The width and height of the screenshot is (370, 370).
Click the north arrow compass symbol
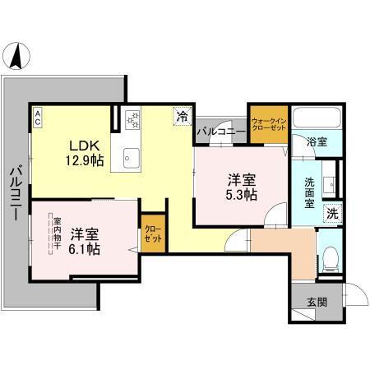[17, 58]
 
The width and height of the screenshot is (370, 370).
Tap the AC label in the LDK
[38, 118]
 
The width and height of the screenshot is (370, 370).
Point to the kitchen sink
[131, 157]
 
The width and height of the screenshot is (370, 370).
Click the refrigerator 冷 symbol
[181, 118]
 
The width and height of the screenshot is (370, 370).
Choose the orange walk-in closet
[268, 123]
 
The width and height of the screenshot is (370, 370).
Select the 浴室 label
[317, 141]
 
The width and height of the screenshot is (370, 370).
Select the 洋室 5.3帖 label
[241, 187]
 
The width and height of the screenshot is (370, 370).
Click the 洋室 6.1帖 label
[85, 241]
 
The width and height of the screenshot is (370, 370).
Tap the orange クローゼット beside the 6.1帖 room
[152, 232]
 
